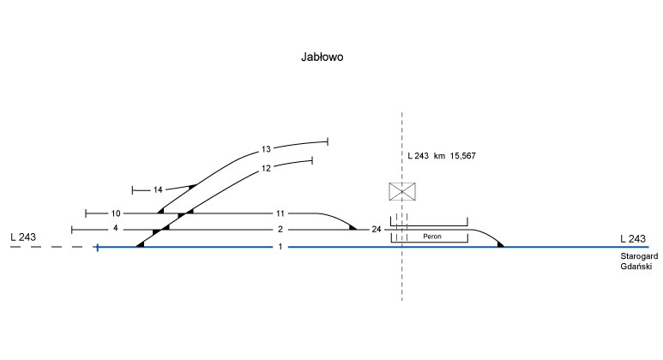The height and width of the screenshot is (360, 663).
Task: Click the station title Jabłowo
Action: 322,57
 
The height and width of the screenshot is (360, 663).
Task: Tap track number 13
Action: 266,150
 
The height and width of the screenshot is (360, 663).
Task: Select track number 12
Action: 266,168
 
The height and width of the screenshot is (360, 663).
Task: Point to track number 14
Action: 158,189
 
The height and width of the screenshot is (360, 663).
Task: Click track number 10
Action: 117,213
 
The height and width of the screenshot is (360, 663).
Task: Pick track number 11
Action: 280,213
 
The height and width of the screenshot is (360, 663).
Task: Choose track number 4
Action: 114,229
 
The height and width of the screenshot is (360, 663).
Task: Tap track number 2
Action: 280,229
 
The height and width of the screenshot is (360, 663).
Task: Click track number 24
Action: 376,229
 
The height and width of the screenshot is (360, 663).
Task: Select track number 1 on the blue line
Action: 280,247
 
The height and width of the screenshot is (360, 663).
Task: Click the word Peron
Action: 428,236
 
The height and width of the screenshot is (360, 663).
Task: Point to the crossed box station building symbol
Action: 402,191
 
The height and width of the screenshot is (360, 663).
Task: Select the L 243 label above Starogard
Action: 632,238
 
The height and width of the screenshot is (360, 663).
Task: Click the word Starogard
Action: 637,257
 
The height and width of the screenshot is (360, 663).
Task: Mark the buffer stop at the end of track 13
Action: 328,141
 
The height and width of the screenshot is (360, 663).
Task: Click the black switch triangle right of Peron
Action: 499,244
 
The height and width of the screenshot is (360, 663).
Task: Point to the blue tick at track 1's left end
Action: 98,247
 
